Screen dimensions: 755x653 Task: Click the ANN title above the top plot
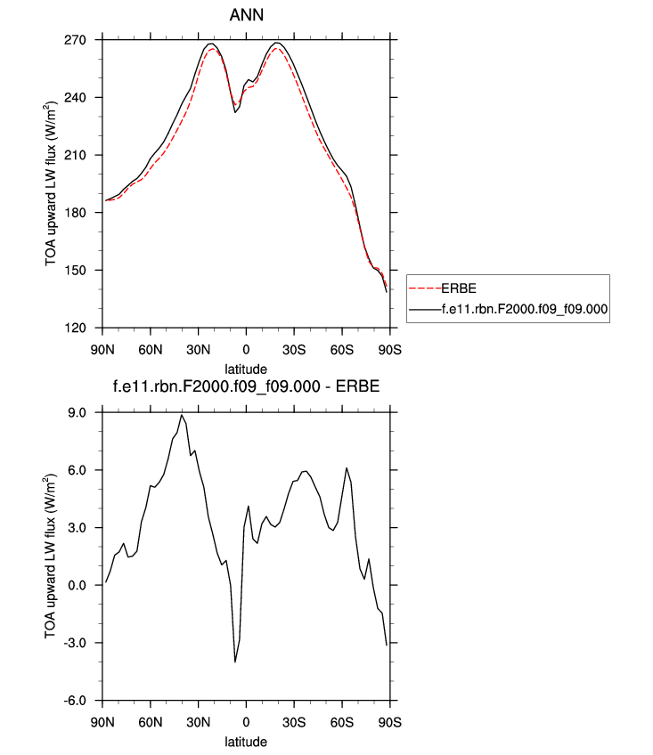point(245,15)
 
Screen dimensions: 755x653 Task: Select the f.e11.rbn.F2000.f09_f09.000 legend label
point(524,309)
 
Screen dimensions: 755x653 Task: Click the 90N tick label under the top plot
point(102,348)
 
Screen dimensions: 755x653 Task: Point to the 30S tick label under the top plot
point(294,348)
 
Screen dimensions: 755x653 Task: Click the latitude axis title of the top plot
point(245,367)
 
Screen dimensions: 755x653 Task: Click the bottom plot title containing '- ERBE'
point(245,387)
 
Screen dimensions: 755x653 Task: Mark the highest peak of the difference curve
point(182,415)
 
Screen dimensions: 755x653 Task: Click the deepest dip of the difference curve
point(235,662)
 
